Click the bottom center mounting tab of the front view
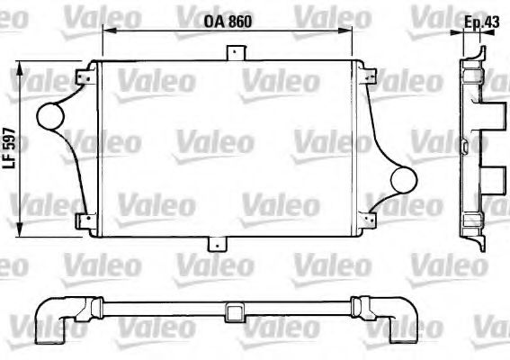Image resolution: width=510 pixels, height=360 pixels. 218,244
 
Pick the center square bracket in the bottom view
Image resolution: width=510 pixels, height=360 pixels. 237,312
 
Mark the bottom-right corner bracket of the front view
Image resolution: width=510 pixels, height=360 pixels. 363,221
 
